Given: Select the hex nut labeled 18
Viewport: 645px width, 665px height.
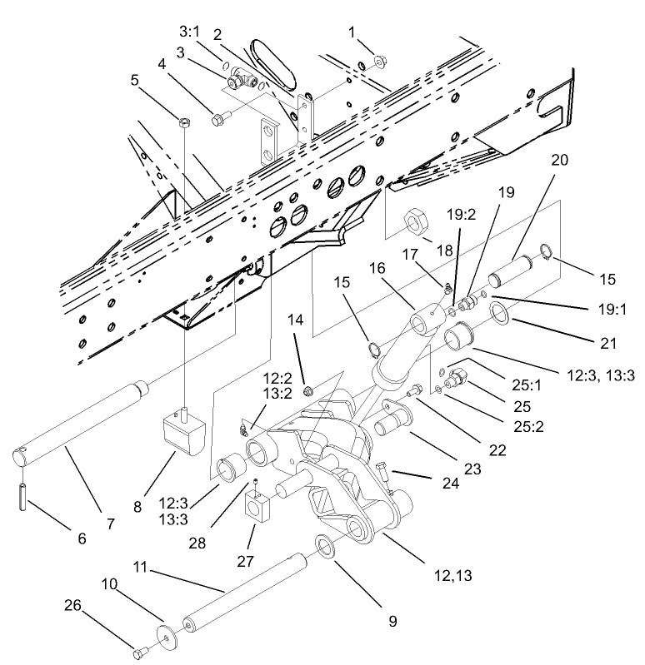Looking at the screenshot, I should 416,224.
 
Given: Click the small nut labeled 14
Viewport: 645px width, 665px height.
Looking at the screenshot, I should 307,390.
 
